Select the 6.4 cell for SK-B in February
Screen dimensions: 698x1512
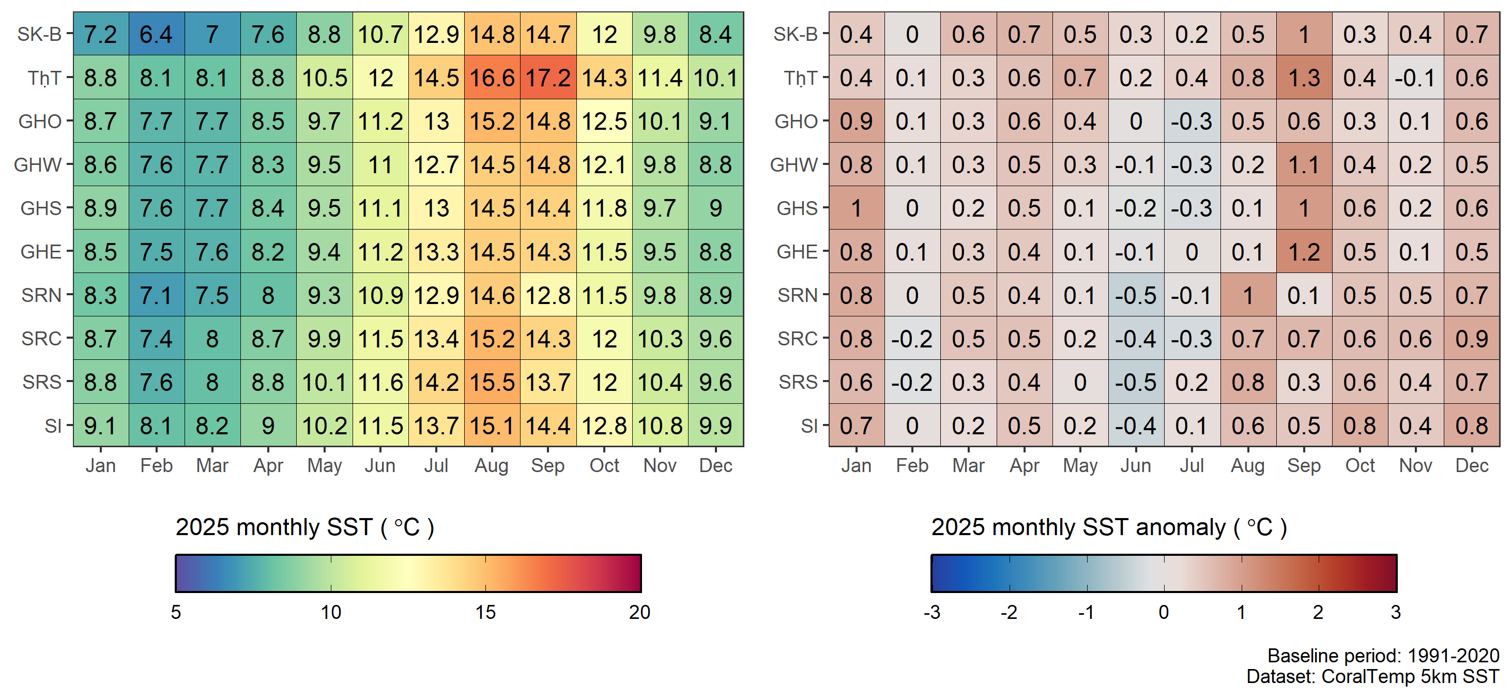156,34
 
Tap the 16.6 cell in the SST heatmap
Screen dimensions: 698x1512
492,78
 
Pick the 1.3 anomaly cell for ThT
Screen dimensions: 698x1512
1304,78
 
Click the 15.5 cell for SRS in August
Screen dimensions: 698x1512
492,382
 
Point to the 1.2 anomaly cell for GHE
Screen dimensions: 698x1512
1304,252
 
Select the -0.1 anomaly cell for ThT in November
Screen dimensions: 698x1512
1415,78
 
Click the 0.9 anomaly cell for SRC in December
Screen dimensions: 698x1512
1472,339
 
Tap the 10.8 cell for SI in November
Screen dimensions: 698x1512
660,426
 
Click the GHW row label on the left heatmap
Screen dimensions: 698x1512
38,165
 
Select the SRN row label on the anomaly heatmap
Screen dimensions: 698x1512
797,295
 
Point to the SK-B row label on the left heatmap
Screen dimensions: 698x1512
39,34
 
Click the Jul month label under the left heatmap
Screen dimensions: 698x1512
436,465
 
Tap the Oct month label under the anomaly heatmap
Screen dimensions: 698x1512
1360,465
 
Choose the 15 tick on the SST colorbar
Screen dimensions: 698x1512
485,612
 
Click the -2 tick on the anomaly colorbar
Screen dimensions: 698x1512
1009,612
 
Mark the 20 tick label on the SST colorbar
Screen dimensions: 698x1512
639,612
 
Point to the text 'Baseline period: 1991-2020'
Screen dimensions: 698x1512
1383,655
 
